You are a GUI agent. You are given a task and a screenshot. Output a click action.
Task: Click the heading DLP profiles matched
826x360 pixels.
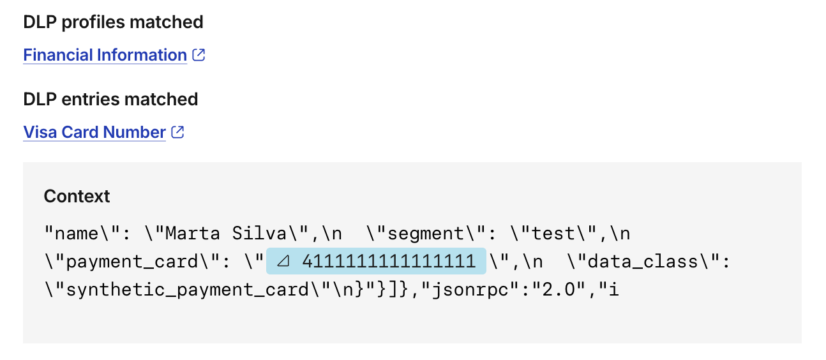[x=113, y=22]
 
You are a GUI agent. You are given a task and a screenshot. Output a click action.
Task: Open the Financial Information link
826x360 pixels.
[x=105, y=55]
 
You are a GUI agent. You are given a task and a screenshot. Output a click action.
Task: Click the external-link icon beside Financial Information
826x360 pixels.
[x=199, y=55]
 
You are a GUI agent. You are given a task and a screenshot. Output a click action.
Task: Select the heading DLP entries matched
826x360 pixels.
[x=110, y=99]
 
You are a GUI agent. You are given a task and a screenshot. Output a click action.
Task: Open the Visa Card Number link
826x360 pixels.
[x=94, y=132]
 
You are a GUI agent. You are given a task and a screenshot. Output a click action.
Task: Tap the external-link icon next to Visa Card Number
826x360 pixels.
[x=177, y=132]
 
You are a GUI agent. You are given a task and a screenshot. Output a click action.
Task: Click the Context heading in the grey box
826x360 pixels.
[x=77, y=196]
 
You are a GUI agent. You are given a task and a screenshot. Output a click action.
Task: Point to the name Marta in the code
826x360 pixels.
[x=193, y=234]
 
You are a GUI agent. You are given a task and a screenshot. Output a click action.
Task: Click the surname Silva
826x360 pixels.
[x=259, y=234]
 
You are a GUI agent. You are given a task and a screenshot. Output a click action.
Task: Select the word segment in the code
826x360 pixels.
[x=426, y=234]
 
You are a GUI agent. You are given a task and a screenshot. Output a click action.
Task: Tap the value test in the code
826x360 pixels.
[x=553, y=234]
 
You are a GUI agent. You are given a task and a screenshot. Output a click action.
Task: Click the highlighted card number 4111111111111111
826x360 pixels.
[x=389, y=262]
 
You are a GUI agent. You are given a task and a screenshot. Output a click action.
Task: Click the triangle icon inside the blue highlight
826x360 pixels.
[x=283, y=262]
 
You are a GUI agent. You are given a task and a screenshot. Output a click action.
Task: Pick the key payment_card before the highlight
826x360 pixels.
[x=132, y=262]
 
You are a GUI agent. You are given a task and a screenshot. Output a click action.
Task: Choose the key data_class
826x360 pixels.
[x=642, y=262]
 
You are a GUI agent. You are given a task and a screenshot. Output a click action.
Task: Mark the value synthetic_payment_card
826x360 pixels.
[x=187, y=290]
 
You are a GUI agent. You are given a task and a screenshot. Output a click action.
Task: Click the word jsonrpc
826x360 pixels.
[x=470, y=290]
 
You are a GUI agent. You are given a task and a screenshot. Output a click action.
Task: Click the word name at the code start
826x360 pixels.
[x=77, y=234]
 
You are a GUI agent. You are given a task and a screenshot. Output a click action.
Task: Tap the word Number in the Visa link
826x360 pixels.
[x=134, y=132]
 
